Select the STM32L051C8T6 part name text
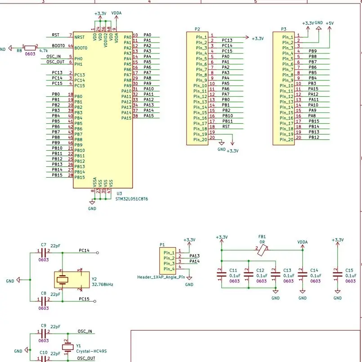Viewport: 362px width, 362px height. point(132,198)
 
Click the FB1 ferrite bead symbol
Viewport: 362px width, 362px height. point(262,250)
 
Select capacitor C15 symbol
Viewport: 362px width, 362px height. point(337,273)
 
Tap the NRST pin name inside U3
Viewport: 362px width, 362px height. point(79,37)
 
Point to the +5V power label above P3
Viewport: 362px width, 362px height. point(330,23)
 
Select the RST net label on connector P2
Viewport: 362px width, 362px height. point(226,127)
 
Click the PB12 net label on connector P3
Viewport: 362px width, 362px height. point(313,138)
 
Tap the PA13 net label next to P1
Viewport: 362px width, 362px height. point(194,256)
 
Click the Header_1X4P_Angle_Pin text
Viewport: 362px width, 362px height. point(161,277)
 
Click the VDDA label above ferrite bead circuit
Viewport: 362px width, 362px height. point(303,242)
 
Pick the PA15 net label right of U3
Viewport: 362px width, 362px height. point(148,116)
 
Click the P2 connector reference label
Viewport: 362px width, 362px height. point(197,29)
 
